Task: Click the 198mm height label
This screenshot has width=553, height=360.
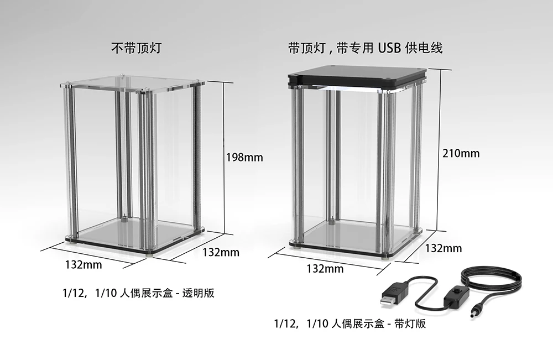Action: pyautogui.click(x=244, y=158)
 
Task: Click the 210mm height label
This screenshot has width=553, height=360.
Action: pyautogui.click(x=461, y=153)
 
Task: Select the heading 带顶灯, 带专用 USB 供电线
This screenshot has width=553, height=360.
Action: pyautogui.click(x=365, y=48)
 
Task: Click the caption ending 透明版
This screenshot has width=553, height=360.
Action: pyautogui.click(x=139, y=293)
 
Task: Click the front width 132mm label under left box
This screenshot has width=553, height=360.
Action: pyautogui.click(x=83, y=264)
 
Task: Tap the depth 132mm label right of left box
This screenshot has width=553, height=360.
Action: pyautogui.click(x=221, y=252)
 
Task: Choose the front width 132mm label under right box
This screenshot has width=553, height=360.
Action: pyautogui.click(x=325, y=269)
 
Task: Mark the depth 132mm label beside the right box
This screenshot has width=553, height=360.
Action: pyautogui.click(x=443, y=248)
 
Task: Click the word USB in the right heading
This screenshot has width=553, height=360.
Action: pyautogui.click(x=389, y=48)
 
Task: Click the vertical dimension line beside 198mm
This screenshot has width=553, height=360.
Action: pyautogui.click(x=224, y=158)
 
